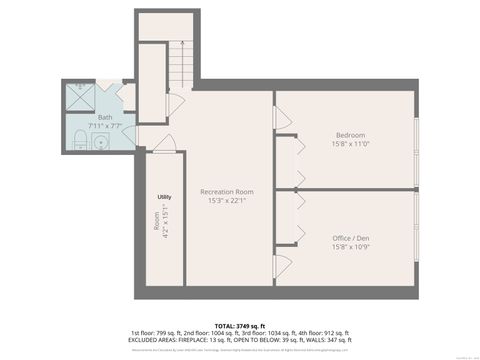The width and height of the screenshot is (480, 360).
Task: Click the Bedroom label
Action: [x=350, y=135]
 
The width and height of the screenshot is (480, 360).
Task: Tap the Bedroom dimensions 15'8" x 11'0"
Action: [x=350, y=144]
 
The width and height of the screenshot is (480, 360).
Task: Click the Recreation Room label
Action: [x=226, y=191]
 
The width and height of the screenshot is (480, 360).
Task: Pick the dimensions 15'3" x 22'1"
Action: [x=226, y=200]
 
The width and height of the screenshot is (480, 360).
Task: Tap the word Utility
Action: [x=164, y=197]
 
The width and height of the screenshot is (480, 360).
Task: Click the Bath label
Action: [x=105, y=117]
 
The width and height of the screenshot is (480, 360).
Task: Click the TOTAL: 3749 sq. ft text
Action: [x=239, y=325]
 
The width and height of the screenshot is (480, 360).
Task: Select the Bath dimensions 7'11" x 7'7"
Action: [x=105, y=126]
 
